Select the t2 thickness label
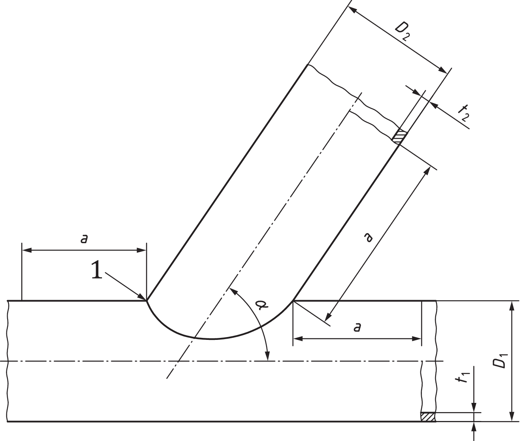[x=464, y=113]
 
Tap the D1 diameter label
[x=500, y=360]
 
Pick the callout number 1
[x=96, y=270]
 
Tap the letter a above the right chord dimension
[x=357, y=328]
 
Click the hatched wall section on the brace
[x=399, y=136]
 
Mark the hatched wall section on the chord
[x=428, y=417]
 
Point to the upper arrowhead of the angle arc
[x=232, y=290]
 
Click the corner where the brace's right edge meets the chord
[x=294, y=300]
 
